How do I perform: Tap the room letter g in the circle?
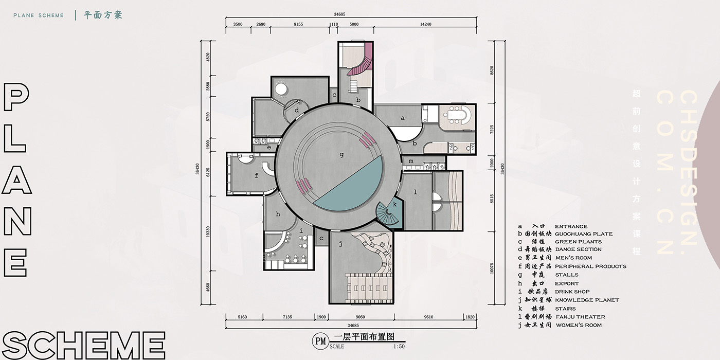tap(341, 154)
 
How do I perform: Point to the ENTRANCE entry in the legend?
tap(571, 226)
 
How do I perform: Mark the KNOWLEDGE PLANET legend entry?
tap(587, 300)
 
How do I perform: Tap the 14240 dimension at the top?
tap(425, 24)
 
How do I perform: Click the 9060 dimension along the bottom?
tap(360, 317)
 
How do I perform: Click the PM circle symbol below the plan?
tap(320, 340)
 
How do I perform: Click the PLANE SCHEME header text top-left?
tap(39, 15)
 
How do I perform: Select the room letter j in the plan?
tap(340, 245)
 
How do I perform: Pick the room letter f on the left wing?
tap(256, 175)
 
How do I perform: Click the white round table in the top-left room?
tap(281, 89)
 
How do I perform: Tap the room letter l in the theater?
tap(415, 192)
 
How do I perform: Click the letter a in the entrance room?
tap(403, 118)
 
